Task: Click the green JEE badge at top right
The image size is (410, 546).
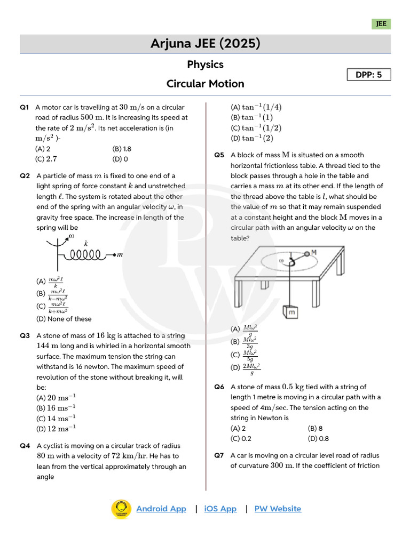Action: point(381,24)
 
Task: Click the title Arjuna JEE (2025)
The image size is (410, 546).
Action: point(205,44)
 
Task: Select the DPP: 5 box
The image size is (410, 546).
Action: point(369,75)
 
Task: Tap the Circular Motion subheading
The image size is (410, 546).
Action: point(205,84)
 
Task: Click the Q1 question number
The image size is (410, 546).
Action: point(24,107)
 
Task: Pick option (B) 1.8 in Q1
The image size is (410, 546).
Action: point(122,149)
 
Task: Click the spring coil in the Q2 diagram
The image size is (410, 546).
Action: point(85,254)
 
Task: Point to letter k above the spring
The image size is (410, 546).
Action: point(86,243)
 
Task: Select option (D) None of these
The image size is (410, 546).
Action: point(64,319)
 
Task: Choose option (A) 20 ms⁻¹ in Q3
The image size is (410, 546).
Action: point(56,397)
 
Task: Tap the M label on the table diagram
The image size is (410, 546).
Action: point(314,252)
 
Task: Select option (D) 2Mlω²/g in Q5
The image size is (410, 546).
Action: point(246,367)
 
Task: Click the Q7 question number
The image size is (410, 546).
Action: point(219,455)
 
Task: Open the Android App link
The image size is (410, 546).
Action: point(161,509)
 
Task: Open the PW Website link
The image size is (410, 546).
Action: point(278,509)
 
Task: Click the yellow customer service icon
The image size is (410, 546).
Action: point(121,509)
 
